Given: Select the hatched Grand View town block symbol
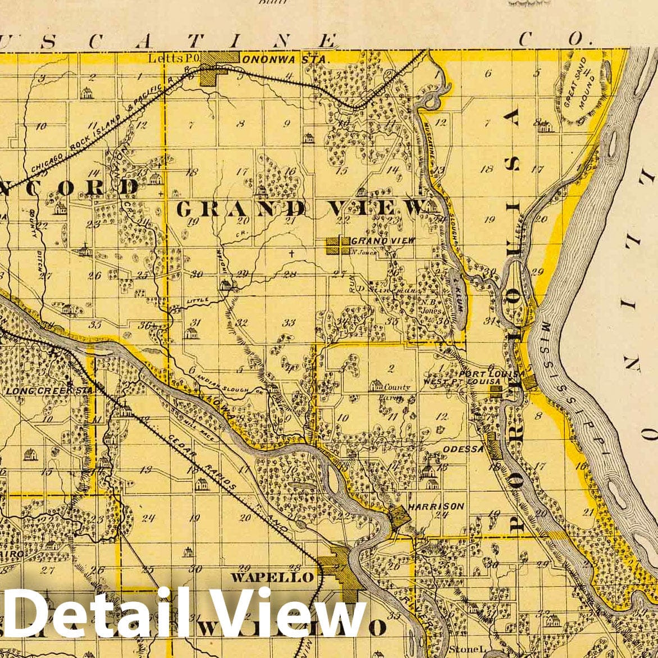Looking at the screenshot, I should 339,245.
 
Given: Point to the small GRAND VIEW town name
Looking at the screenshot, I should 383,240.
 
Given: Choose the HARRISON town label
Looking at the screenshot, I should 437,506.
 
